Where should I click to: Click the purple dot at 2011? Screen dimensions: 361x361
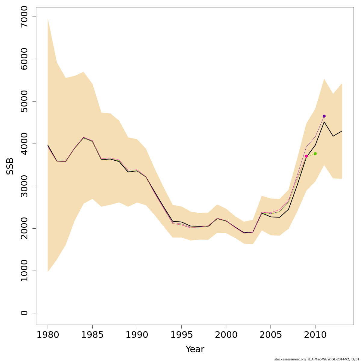tap(324, 116)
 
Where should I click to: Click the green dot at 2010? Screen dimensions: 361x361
tap(315, 154)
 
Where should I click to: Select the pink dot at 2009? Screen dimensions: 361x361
tap(306, 156)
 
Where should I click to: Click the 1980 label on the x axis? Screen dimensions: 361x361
tap(48, 335)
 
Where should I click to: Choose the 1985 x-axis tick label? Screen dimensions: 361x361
tap(92, 335)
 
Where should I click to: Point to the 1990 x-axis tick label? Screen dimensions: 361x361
tap(137, 335)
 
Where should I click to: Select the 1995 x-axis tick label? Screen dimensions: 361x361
tap(181, 335)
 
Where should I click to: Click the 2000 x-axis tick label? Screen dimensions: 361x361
tap(226, 335)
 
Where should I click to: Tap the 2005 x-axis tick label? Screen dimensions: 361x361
tap(271, 335)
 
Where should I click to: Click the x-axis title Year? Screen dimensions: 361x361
tap(195, 349)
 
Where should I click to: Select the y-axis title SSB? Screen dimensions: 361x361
tap(10, 166)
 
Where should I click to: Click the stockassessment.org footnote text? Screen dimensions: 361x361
tap(317, 359)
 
